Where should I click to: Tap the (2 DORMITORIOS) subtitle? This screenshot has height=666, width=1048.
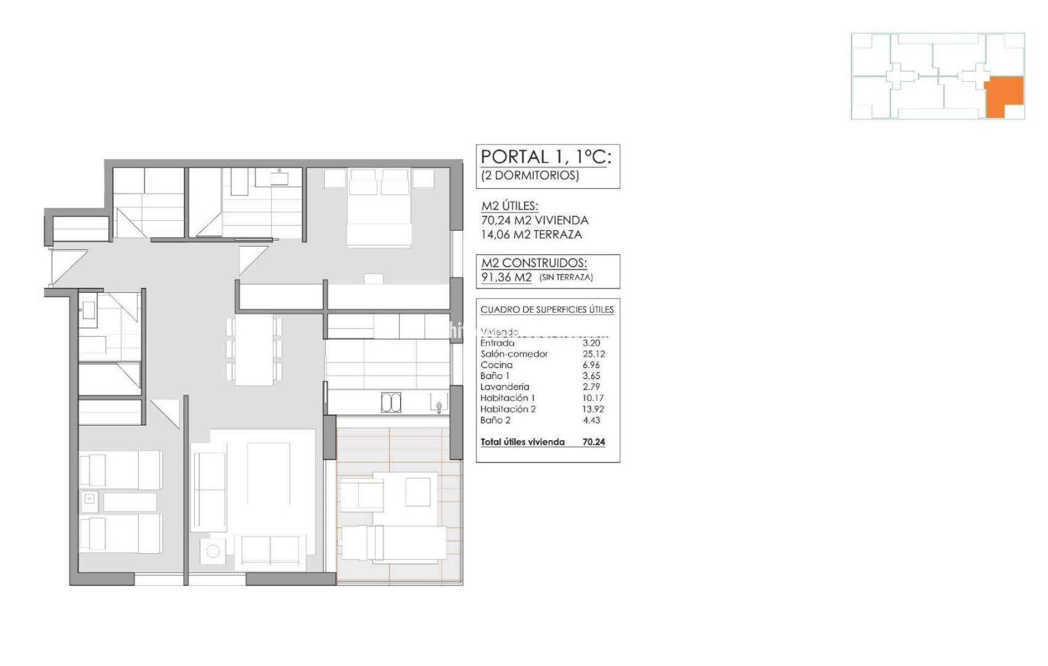pyautogui.click(x=530, y=175)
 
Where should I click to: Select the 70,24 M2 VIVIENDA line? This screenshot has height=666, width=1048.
pyautogui.click(x=534, y=220)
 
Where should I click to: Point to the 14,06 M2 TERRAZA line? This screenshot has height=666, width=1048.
pyautogui.click(x=531, y=234)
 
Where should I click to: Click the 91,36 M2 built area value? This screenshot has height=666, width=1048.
pyautogui.click(x=506, y=277)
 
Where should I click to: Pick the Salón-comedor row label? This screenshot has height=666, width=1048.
pyautogui.click(x=514, y=354)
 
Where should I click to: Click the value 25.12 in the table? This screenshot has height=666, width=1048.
pyautogui.click(x=594, y=354)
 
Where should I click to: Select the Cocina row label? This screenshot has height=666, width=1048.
pyautogui.click(x=496, y=365)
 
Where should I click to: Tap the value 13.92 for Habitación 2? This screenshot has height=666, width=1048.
pyautogui.click(x=594, y=409)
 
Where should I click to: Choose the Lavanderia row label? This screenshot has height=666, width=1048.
pyautogui.click(x=504, y=387)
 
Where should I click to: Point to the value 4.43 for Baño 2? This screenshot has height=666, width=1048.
pyautogui.click(x=591, y=420)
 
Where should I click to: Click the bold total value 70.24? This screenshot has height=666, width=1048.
pyautogui.click(x=594, y=442)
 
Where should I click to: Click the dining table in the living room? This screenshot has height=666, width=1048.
pyautogui.click(x=254, y=350)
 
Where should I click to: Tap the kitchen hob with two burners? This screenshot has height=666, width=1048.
pyautogui.click(x=391, y=403)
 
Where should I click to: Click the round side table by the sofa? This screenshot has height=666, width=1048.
pyautogui.click(x=214, y=551)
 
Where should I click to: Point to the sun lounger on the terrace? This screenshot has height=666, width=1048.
pyautogui.click(x=394, y=543)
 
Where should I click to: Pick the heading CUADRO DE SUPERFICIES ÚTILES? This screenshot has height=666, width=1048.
pyautogui.click(x=547, y=310)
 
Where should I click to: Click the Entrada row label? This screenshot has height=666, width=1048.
pyautogui.click(x=497, y=343)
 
